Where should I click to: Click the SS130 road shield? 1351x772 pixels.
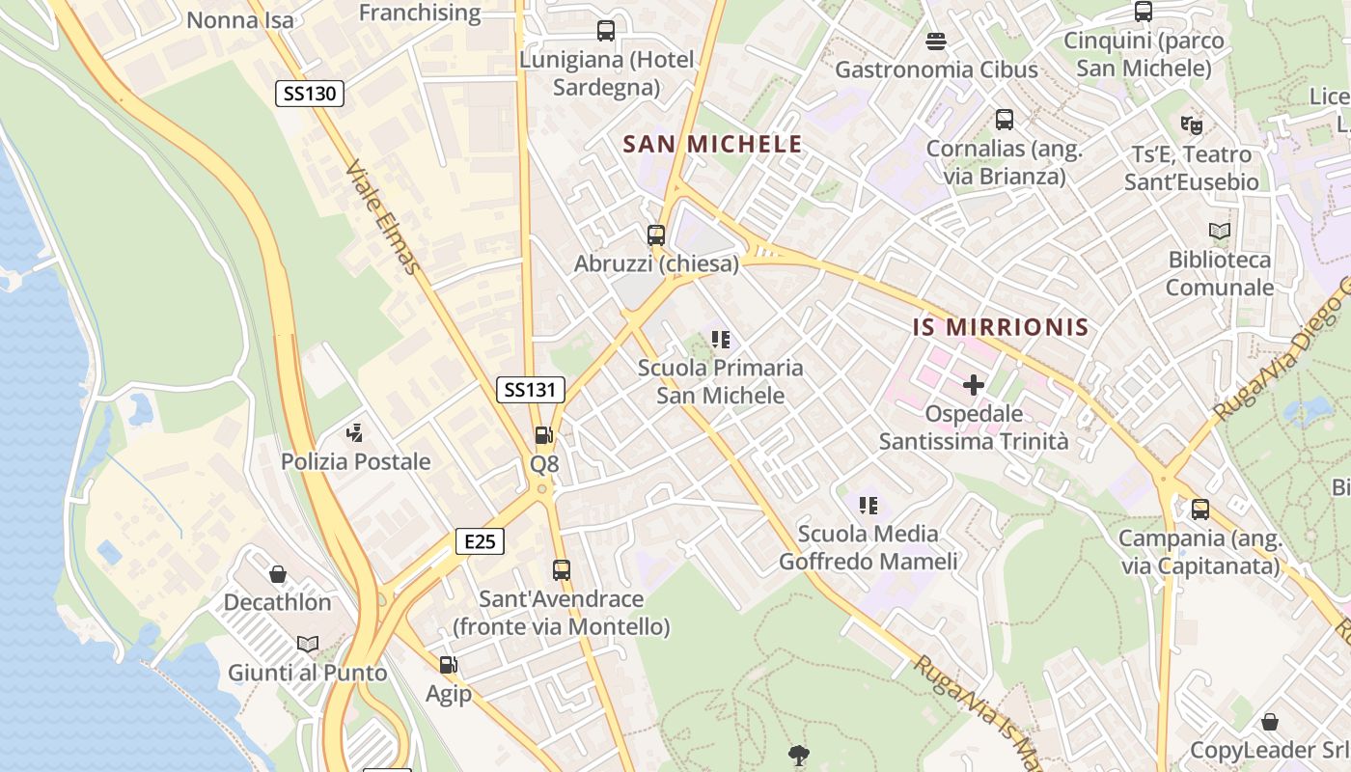309,94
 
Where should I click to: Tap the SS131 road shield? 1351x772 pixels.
531,390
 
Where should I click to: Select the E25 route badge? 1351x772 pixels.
480,541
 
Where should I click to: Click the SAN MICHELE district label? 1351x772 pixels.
712,145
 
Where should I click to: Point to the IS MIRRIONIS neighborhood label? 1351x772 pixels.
1001,327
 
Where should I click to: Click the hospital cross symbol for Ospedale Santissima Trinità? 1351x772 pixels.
974,386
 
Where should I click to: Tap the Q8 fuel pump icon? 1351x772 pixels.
544,436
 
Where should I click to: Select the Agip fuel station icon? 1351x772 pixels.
448,665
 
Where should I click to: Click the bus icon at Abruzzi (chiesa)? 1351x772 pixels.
656,234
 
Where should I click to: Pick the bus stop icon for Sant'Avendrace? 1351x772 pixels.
562,570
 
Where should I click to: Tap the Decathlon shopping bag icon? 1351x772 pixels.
278,574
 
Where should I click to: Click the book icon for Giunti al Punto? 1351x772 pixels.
308,644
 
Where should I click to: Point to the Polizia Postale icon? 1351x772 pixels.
355,433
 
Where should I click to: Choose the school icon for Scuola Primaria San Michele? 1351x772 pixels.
720,340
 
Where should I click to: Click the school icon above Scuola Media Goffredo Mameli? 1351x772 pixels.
868,506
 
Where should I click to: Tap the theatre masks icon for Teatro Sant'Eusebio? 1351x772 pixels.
1192,125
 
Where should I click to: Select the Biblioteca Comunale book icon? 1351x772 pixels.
1220,232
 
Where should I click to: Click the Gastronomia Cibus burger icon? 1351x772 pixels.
936,41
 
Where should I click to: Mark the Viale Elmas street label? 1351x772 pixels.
383,217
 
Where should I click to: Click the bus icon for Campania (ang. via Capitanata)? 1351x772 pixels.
1200,510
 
